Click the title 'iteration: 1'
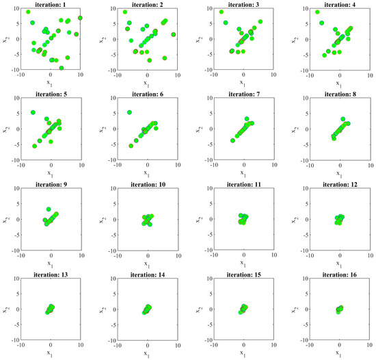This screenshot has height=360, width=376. pos(51,4)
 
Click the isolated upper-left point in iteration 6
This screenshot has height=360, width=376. pos(129,112)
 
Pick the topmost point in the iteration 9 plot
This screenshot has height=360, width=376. pos(49,209)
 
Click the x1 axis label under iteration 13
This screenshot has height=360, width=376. pos(51,355)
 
